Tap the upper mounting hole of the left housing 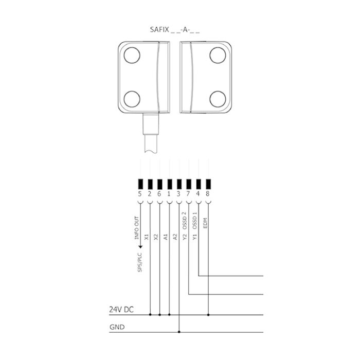click(132, 55)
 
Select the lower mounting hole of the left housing click(132, 97)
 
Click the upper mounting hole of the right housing click(218, 55)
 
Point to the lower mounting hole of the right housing click(218, 97)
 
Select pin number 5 click(140, 194)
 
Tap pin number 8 click(208, 194)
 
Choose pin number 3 click(178, 194)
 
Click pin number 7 click(189, 194)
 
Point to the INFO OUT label click(137, 228)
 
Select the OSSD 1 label click(195, 220)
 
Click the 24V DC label click(122, 310)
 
